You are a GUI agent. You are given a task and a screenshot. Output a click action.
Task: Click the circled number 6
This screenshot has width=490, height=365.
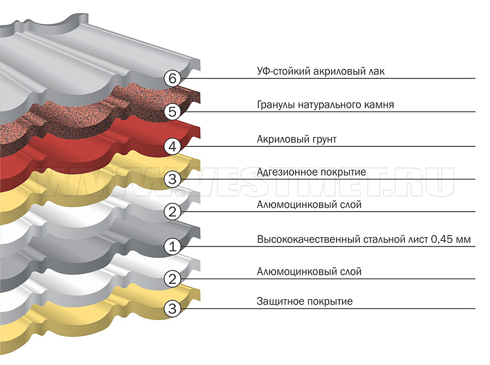(172, 78)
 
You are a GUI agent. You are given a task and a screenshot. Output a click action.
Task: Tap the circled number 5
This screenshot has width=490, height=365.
(172, 112)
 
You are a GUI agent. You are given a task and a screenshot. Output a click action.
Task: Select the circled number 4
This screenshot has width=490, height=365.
(172, 146)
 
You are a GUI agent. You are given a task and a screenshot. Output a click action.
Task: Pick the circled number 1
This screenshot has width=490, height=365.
(172, 246)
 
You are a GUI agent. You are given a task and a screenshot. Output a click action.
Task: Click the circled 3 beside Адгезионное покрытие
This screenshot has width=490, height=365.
(172, 179)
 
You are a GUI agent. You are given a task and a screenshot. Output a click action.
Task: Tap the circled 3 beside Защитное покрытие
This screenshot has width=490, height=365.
(172, 309)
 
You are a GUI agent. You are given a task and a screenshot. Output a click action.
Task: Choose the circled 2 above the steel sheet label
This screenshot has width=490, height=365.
(172, 212)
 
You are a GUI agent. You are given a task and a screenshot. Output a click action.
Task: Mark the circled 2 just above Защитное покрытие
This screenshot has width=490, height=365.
(172, 279)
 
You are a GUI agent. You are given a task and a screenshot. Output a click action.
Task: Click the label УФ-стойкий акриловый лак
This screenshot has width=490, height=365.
(321, 71)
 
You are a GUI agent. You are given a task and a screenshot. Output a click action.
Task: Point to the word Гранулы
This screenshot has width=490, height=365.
(276, 105)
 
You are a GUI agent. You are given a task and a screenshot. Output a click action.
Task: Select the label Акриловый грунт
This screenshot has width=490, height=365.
(297, 139)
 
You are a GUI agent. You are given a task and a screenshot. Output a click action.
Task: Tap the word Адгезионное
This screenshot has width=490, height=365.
(284, 172)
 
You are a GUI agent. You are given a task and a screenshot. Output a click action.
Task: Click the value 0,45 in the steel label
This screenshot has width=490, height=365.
(442, 239)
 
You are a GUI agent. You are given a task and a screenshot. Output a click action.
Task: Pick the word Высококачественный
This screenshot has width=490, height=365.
(309, 239)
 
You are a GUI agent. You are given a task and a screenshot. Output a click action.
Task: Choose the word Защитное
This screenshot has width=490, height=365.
(280, 301)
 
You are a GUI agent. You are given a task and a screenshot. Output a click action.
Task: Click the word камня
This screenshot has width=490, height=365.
(379, 105)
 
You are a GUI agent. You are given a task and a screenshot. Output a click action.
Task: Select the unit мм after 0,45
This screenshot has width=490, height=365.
(463, 240)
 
